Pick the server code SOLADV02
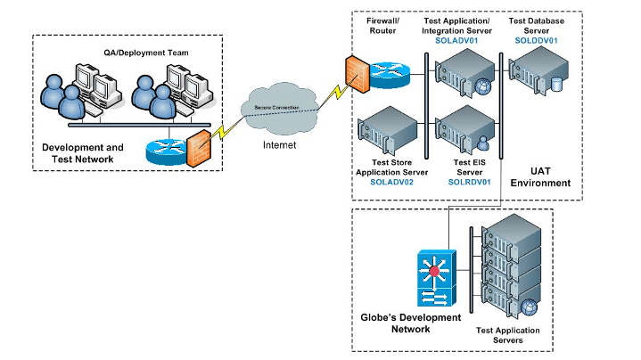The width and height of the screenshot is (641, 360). [392, 181]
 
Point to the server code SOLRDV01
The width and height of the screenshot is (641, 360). [466, 181]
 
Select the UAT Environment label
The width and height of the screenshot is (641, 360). [540, 176]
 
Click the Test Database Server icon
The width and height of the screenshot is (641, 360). [538, 73]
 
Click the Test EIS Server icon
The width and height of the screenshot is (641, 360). [467, 128]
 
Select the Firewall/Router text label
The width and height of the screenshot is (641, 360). [385, 26]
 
